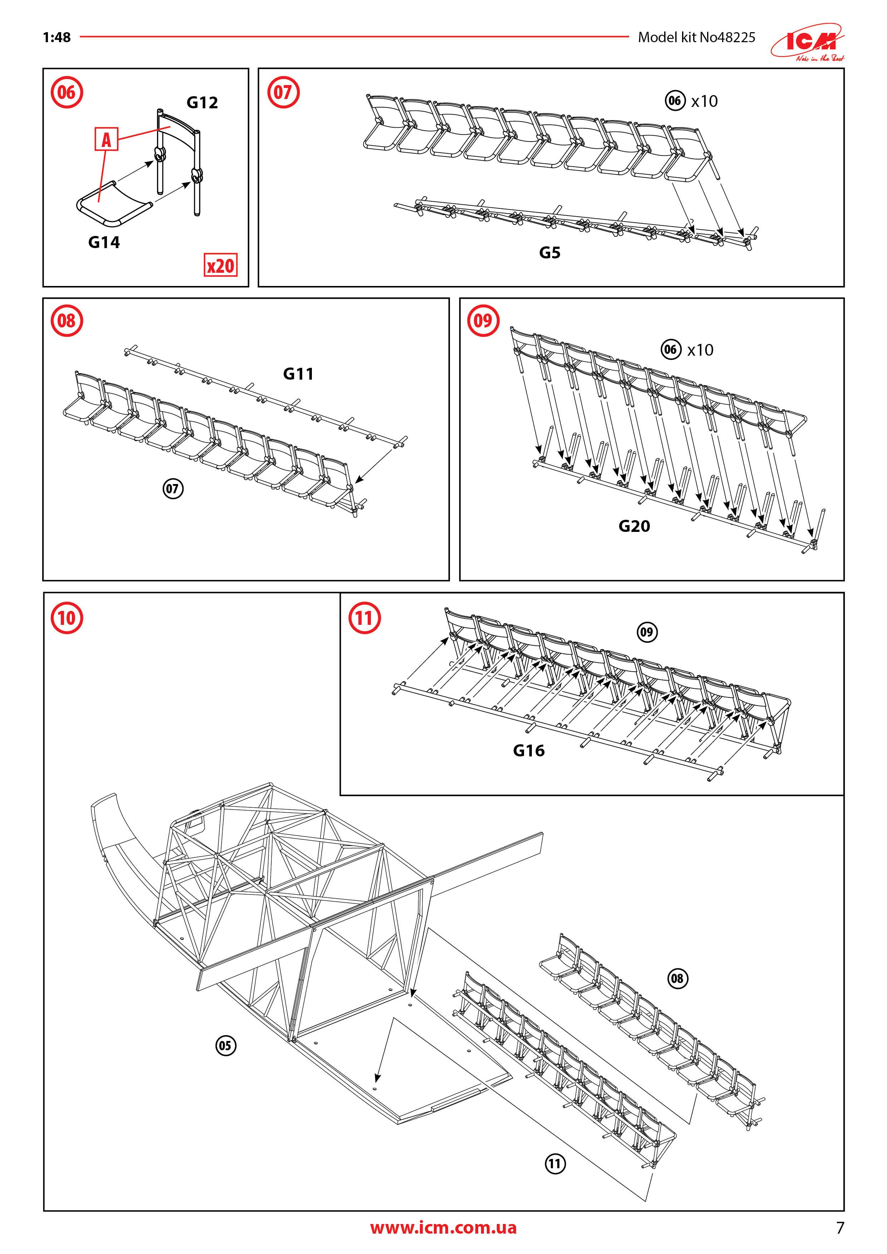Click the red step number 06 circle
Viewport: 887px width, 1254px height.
pyautogui.click(x=67, y=92)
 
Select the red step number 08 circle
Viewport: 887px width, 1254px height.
pyautogui.click(x=67, y=321)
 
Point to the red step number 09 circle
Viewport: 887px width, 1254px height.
pyautogui.click(x=483, y=321)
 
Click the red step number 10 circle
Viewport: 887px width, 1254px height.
pyautogui.click(x=67, y=618)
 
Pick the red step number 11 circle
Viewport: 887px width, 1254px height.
pyautogui.click(x=364, y=618)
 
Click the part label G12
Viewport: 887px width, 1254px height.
pyautogui.click(x=202, y=103)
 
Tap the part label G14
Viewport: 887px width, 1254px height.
pyautogui.click(x=104, y=242)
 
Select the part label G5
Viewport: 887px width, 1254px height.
pyautogui.click(x=550, y=252)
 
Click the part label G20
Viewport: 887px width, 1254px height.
pyautogui.click(x=634, y=526)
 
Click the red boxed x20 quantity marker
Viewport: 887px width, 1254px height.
pyautogui.click(x=220, y=266)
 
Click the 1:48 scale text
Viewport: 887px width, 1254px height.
pyautogui.click(x=57, y=37)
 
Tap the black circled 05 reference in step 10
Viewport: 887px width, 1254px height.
pyautogui.click(x=225, y=1046)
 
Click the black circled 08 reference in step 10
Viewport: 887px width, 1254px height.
pyautogui.click(x=677, y=978)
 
